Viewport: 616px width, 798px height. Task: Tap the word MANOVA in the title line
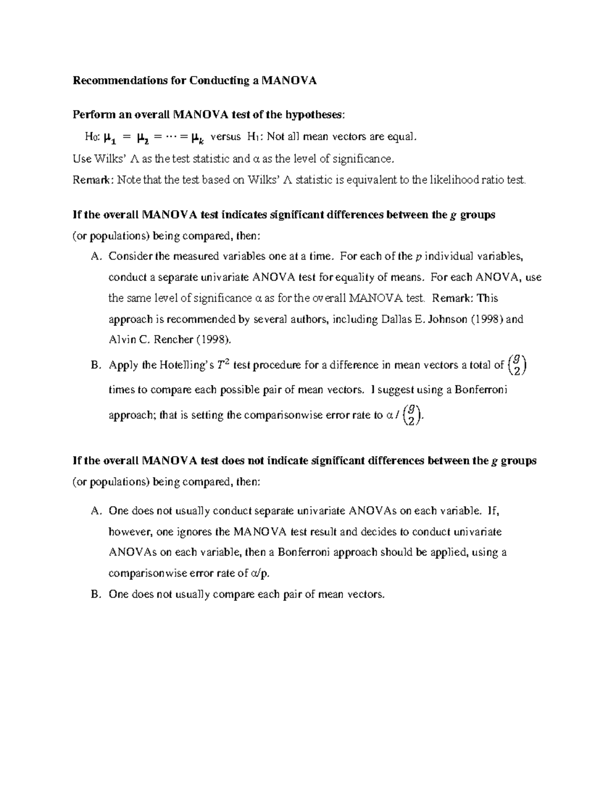tap(290, 81)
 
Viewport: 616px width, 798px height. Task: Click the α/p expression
tap(259, 573)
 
